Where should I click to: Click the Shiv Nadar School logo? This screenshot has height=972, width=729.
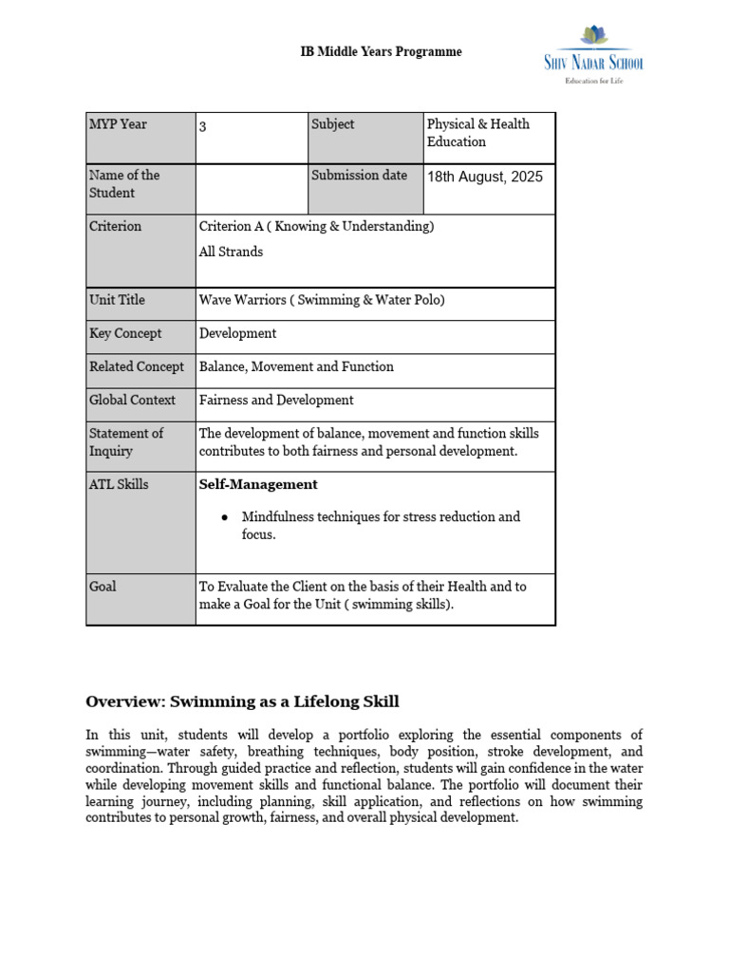click(594, 53)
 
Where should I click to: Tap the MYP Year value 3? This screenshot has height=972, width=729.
click(203, 127)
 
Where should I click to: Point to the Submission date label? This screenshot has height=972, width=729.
click(359, 176)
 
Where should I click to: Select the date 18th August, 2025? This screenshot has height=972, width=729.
click(485, 177)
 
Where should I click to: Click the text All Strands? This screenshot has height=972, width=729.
click(231, 252)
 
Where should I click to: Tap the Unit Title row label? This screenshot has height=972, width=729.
click(117, 300)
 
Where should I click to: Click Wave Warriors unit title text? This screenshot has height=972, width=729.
click(321, 300)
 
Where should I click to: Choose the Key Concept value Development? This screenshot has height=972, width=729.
click(237, 334)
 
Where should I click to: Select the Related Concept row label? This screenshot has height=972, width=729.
click(137, 366)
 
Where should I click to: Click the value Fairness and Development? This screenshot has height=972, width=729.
click(275, 401)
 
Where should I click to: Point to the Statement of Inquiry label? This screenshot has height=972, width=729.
click(126, 442)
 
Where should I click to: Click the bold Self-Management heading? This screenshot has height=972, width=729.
click(258, 484)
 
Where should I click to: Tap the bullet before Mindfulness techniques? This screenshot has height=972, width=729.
click(224, 517)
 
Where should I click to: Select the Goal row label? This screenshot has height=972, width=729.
click(103, 587)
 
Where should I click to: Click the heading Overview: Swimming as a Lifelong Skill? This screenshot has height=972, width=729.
click(242, 702)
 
